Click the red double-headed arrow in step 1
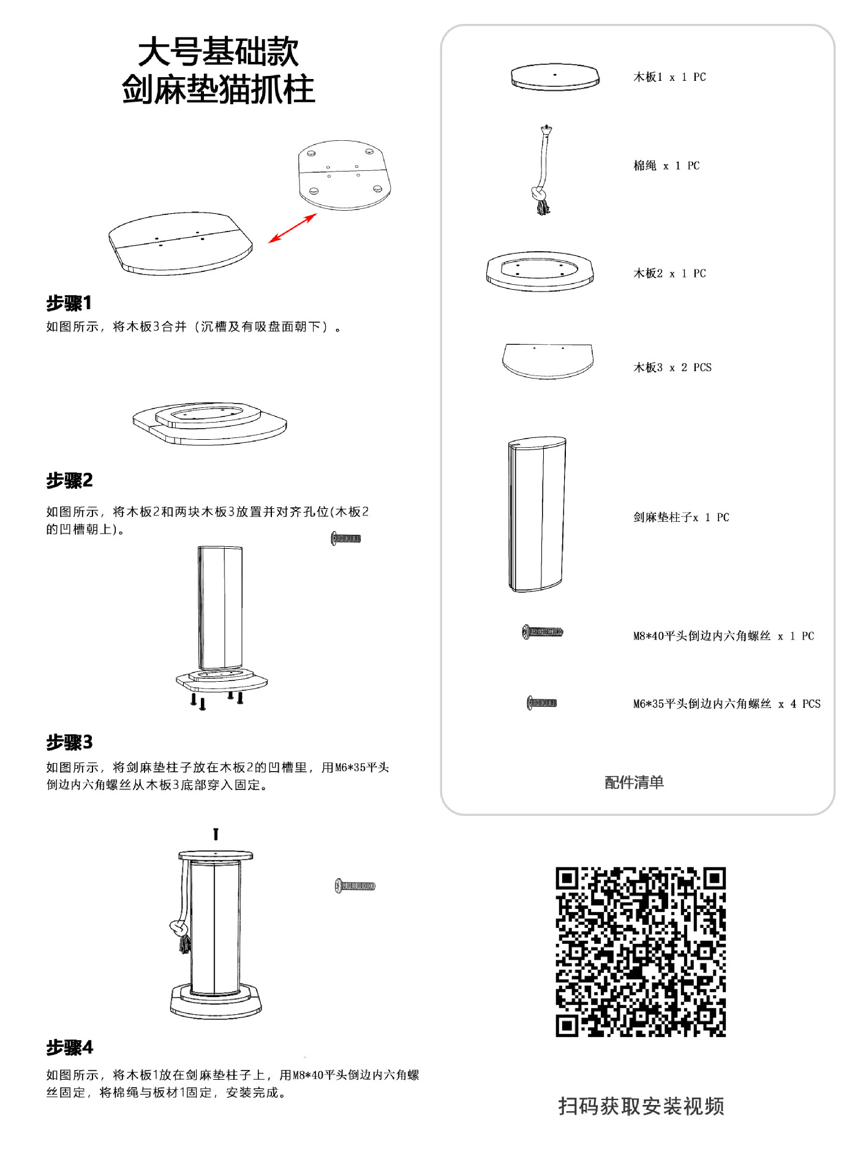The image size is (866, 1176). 293,228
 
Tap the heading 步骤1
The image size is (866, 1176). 69,303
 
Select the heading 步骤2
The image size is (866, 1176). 69,480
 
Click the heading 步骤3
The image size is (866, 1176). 69,742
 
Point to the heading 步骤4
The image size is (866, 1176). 69,1047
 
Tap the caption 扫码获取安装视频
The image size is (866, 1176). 641,1106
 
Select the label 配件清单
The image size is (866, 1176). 634,782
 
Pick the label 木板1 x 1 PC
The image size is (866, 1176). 669,77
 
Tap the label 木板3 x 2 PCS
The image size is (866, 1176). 672,367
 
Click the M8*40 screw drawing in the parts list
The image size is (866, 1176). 543,632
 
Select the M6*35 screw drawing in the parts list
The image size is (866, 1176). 542,703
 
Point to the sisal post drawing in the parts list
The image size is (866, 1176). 537,514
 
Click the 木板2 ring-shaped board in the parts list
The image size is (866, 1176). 540,271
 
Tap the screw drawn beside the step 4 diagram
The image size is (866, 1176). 355,886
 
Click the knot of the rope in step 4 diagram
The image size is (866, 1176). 179,929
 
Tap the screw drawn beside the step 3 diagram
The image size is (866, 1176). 346,538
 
